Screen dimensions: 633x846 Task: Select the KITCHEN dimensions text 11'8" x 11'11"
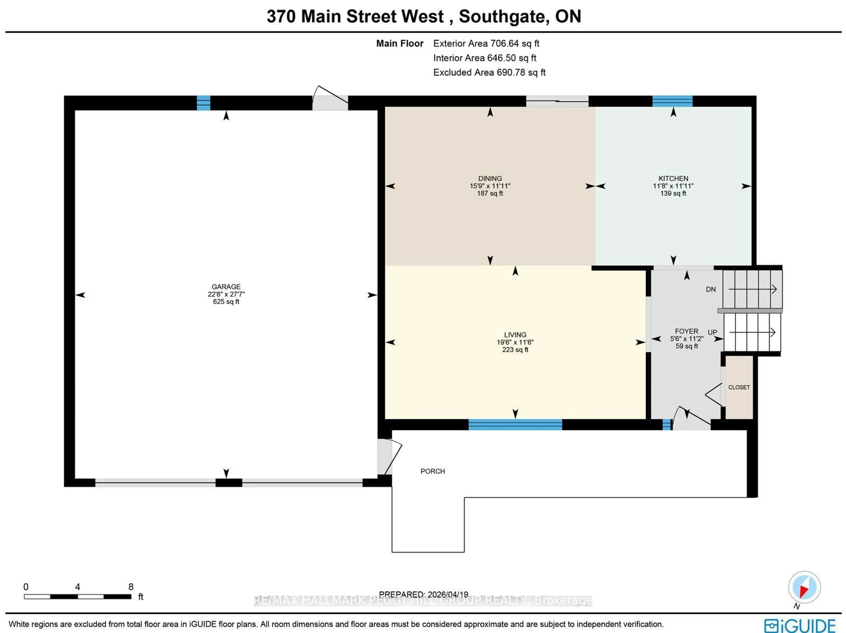click(x=673, y=186)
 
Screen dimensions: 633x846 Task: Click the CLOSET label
click(x=738, y=387)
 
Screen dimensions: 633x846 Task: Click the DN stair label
click(x=710, y=289)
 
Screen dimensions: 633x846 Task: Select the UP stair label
click(x=712, y=332)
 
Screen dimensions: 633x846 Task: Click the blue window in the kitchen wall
click(x=672, y=101)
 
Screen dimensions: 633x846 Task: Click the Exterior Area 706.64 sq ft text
click(x=486, y=44)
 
